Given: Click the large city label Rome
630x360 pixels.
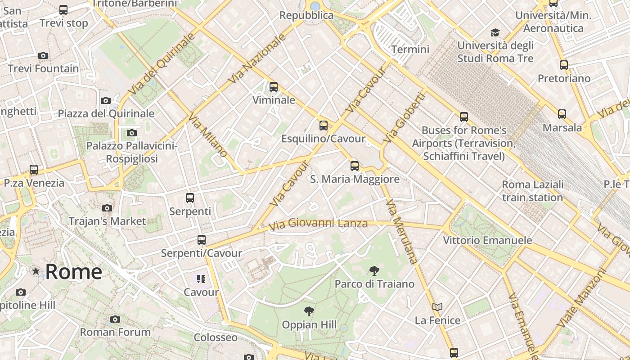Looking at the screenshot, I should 74,272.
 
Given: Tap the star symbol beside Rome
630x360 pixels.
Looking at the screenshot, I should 36,271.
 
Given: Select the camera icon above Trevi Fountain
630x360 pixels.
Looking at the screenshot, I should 43,56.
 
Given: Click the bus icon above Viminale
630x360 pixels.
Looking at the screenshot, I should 274,87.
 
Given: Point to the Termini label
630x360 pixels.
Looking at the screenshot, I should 410,49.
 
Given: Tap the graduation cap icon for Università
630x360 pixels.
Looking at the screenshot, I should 495,32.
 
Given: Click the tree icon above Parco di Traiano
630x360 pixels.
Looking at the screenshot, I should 374,270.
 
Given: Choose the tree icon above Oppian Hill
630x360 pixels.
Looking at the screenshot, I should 309,311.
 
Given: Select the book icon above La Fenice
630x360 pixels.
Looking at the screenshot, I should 437,307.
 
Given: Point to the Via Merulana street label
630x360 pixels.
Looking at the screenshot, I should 402,231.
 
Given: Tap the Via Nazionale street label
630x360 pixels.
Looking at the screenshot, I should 257,58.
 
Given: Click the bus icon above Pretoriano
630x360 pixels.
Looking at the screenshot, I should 564,65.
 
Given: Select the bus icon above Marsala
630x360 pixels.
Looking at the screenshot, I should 562,114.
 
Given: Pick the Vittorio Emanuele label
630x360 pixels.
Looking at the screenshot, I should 487,240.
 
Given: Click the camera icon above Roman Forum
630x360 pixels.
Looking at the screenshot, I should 115,319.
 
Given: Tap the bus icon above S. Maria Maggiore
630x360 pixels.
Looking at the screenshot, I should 355,166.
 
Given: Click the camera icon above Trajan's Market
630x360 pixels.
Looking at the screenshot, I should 107,208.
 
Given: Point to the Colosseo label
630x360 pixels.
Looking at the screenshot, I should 216,337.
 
